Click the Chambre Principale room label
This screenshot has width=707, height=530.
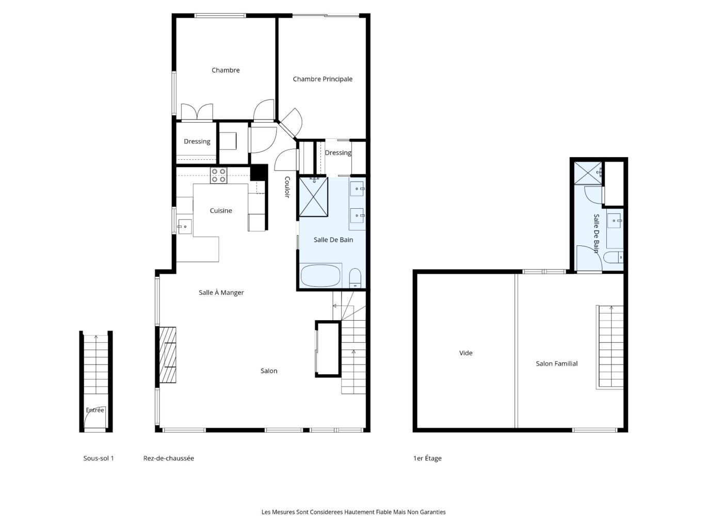(323, 79)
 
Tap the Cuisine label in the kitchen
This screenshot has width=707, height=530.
(221, 210)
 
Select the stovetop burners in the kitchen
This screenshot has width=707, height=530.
(219, 176)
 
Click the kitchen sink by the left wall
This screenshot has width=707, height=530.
(185, 227)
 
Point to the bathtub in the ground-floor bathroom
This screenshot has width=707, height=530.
(320, 276)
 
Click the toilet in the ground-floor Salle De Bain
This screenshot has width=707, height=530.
(355, 277)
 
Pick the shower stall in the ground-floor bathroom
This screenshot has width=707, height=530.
(313, 197)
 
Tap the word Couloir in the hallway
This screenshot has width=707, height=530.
(287, 187)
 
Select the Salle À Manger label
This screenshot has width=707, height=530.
(221, 292)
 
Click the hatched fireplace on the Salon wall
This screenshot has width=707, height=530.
(168, 355)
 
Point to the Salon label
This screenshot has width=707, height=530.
(269, 371)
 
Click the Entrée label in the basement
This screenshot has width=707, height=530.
(94, 410)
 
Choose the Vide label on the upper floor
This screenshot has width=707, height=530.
(466, 353)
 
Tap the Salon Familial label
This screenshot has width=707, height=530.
(556, 363)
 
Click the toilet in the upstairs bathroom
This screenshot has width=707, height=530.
(613, 258)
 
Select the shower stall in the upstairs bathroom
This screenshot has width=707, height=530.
(588, 173)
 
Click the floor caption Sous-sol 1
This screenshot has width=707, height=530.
(99, 458)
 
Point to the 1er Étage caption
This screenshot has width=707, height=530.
(427, 458)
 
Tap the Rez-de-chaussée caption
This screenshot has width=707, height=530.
(168, 458)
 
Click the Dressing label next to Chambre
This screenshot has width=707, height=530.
(197, 142)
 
